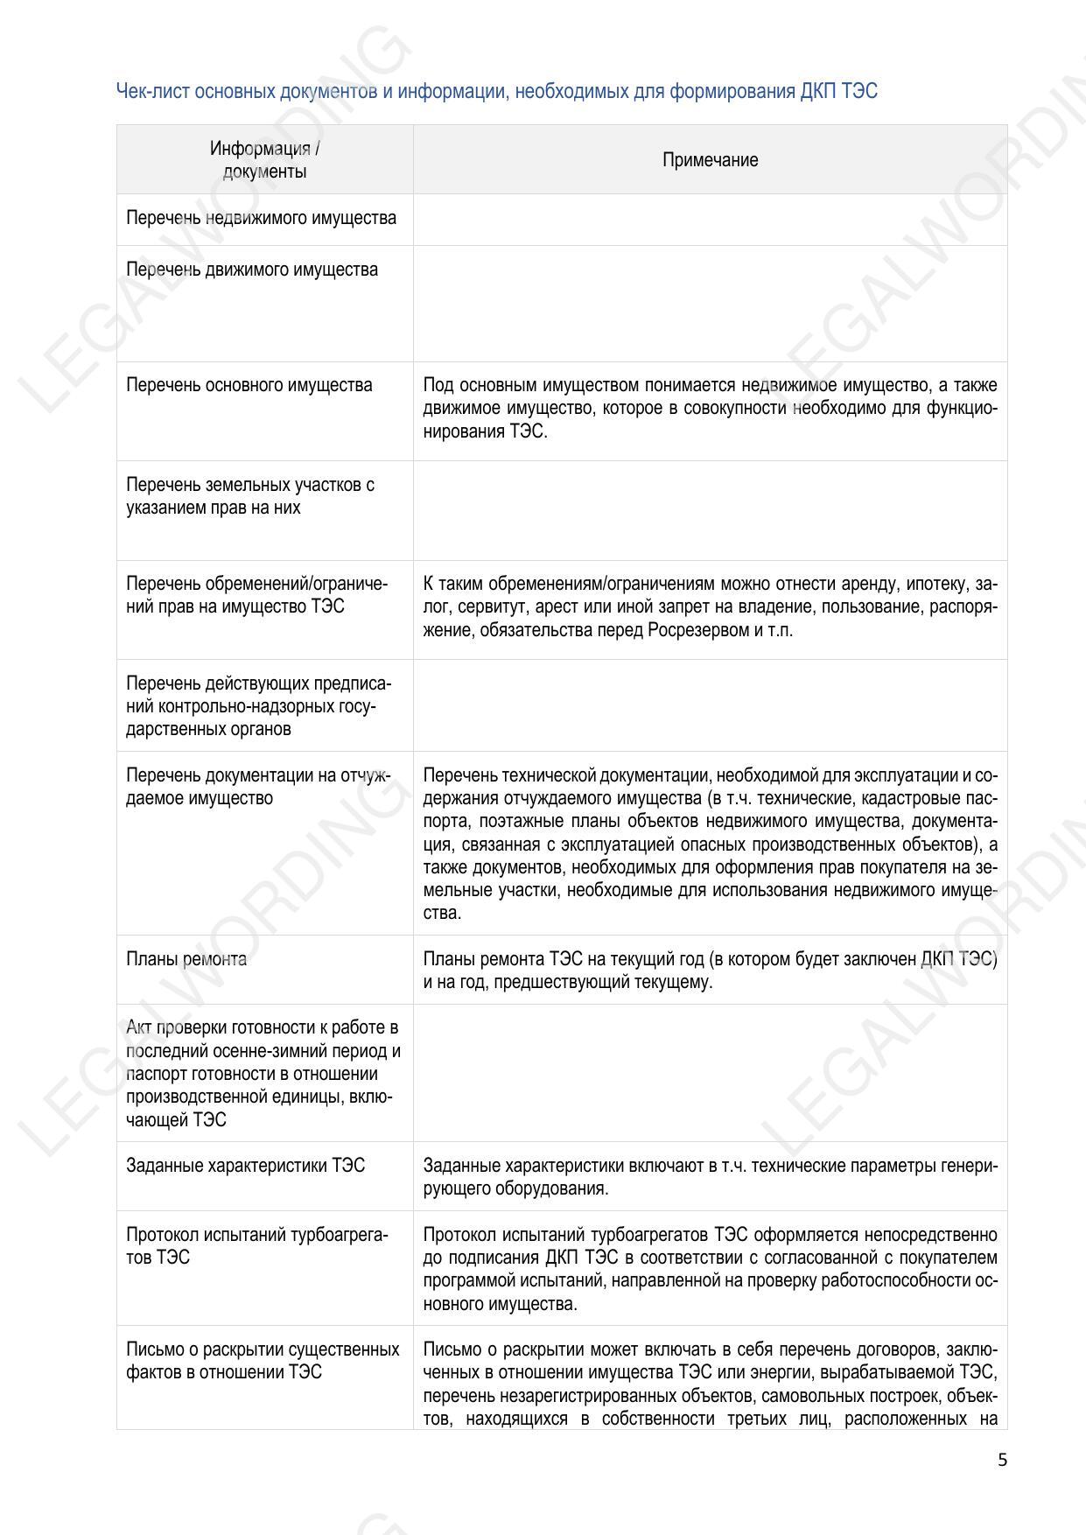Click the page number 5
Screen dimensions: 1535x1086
[1002, 1460]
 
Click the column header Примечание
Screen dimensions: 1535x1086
[710, 160]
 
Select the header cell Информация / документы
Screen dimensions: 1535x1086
[264, 160]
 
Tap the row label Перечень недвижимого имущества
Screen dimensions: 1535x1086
[261, 218]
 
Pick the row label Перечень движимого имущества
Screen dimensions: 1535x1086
[252, 270]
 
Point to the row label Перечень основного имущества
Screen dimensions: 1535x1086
[249, 385]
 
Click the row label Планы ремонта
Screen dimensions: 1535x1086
[186, 959]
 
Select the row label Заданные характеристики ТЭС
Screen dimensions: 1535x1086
[245, 1166]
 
